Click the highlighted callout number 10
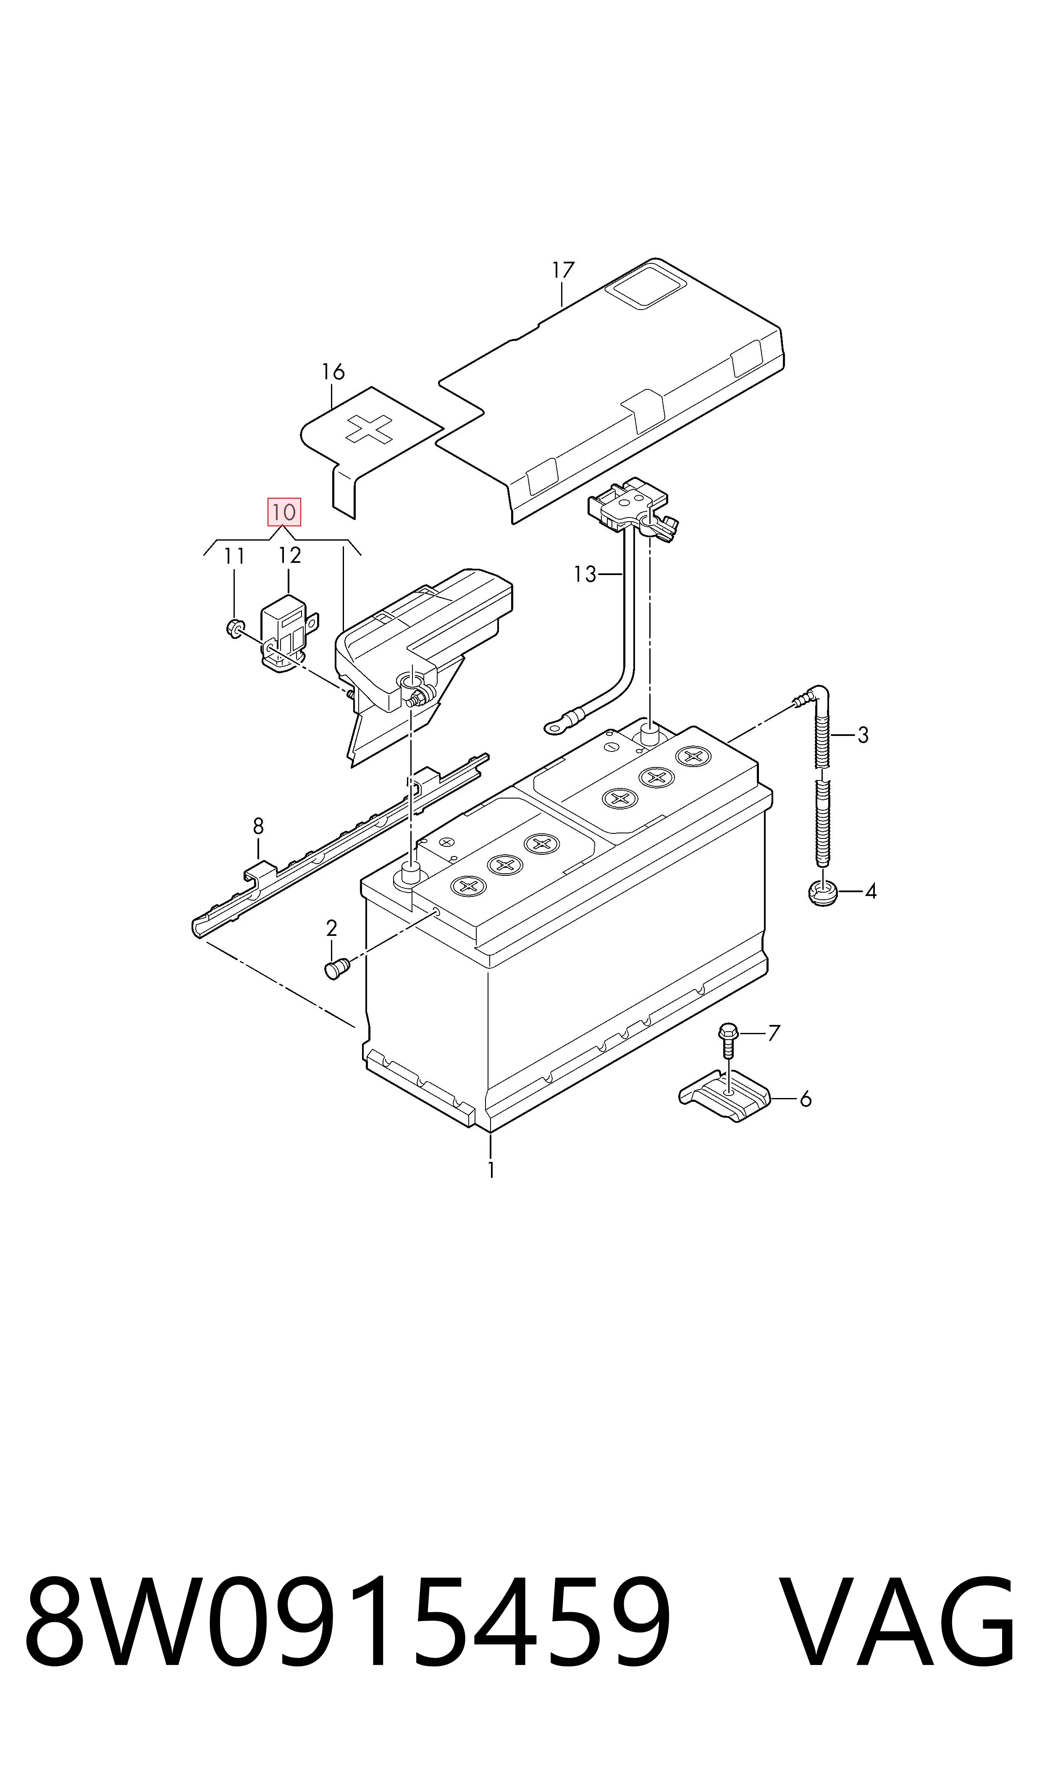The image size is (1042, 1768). pos(283,512)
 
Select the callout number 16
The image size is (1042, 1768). pos(333,371)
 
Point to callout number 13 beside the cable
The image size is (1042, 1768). pos(585,574)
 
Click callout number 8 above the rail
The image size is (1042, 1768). pos(258,826)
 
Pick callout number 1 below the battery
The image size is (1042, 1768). pos(491,1170)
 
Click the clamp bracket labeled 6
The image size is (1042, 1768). pos(724,1097)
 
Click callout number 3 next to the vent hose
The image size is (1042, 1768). pos(863,735)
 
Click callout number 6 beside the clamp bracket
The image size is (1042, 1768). pos(806,1099)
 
